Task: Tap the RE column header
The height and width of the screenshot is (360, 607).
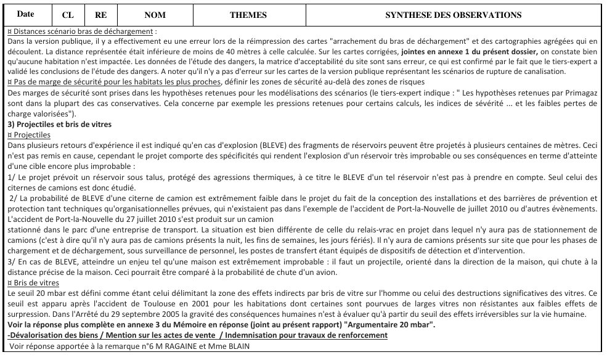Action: (100, 15)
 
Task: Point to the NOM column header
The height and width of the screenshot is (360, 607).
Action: (155, 15)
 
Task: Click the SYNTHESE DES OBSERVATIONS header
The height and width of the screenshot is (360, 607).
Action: (453, 15)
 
